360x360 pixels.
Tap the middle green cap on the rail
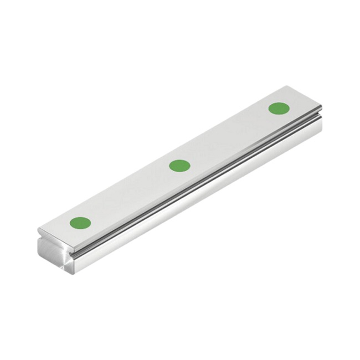pos(179,165)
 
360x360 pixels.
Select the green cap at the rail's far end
pos(279,107)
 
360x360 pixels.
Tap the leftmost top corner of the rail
pos(38,230)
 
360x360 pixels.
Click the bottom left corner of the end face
pos(40,255)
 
